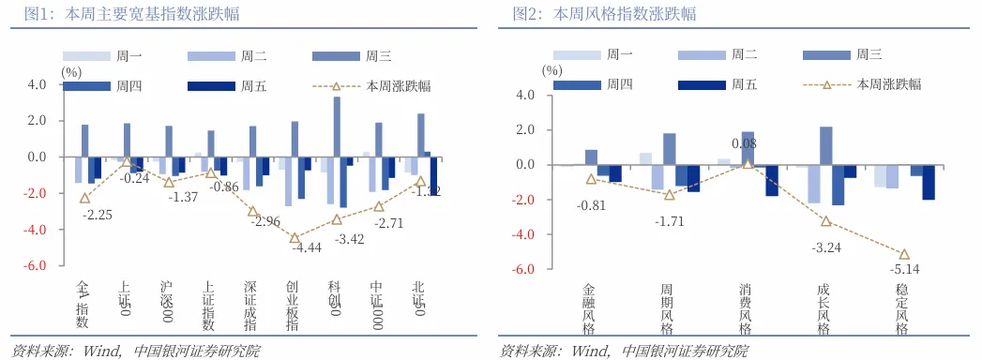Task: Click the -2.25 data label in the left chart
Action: pyautogui.click(x=98, y=215)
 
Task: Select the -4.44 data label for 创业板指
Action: pyautogui.click(x=307, y=248)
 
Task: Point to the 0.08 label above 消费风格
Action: pyautogui.click(x=744, y=144)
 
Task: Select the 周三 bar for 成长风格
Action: pyautogui.click(x=826, y=146)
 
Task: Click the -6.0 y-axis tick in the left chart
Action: pyautogui.click(x=35, y=265)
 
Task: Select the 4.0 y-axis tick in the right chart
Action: pyautogui.click(x=524, y=96)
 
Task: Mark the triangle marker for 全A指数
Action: pyautogui.click(x=85, y=198)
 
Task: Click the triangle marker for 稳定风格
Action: pyautogui.click(x=905, y=254)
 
